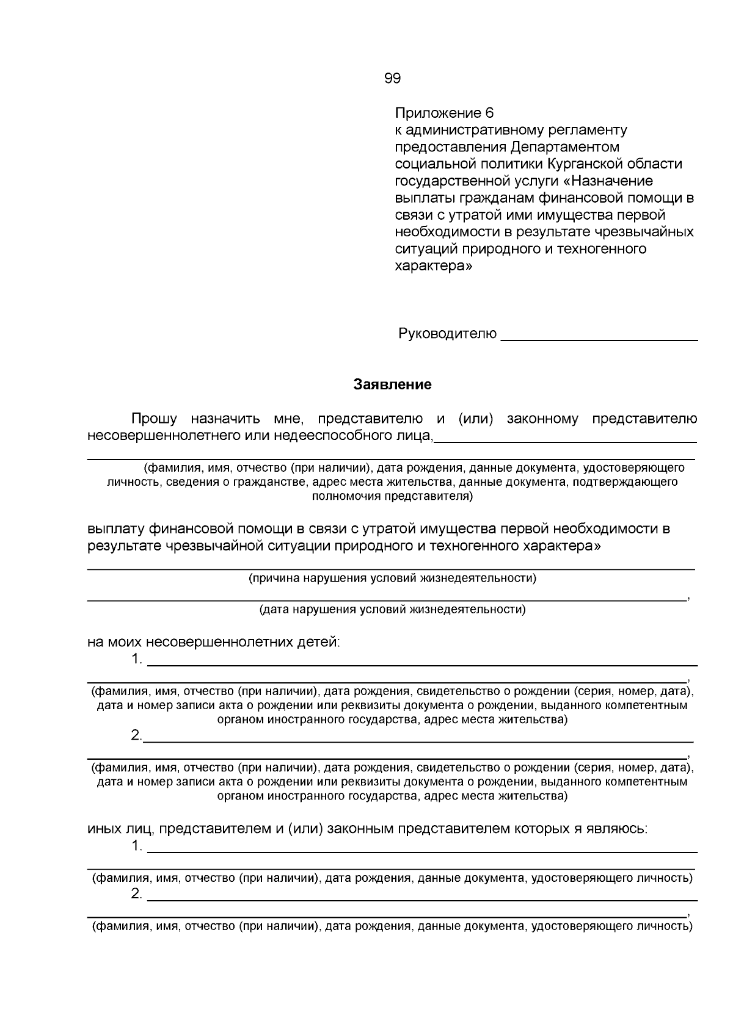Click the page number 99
point(392,78)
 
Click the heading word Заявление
point(392,384)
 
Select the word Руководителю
point(447,334)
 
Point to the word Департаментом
point(565,147)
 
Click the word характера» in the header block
point(433,266)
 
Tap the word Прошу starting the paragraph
point(154,419)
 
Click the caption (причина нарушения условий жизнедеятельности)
point(392,578)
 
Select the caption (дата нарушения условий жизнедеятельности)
point(392,609)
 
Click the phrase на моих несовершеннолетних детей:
point(214,642)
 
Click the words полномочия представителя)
point(392,496)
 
